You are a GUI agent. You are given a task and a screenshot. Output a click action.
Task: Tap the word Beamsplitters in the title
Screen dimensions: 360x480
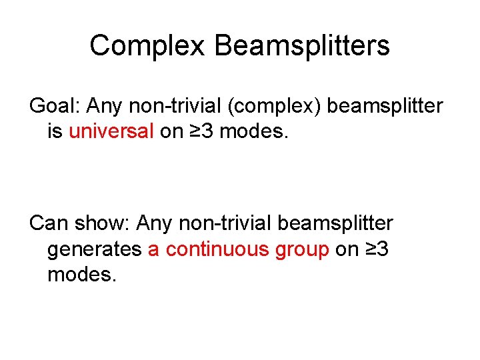[x=303, y=46]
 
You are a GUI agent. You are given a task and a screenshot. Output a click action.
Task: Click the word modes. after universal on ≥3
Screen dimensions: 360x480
[x=254, y=131]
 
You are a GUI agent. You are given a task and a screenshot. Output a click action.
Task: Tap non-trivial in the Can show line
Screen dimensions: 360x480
[x=224, y=223]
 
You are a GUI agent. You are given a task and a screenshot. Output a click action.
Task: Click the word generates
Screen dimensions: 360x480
[x=94, y=249]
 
